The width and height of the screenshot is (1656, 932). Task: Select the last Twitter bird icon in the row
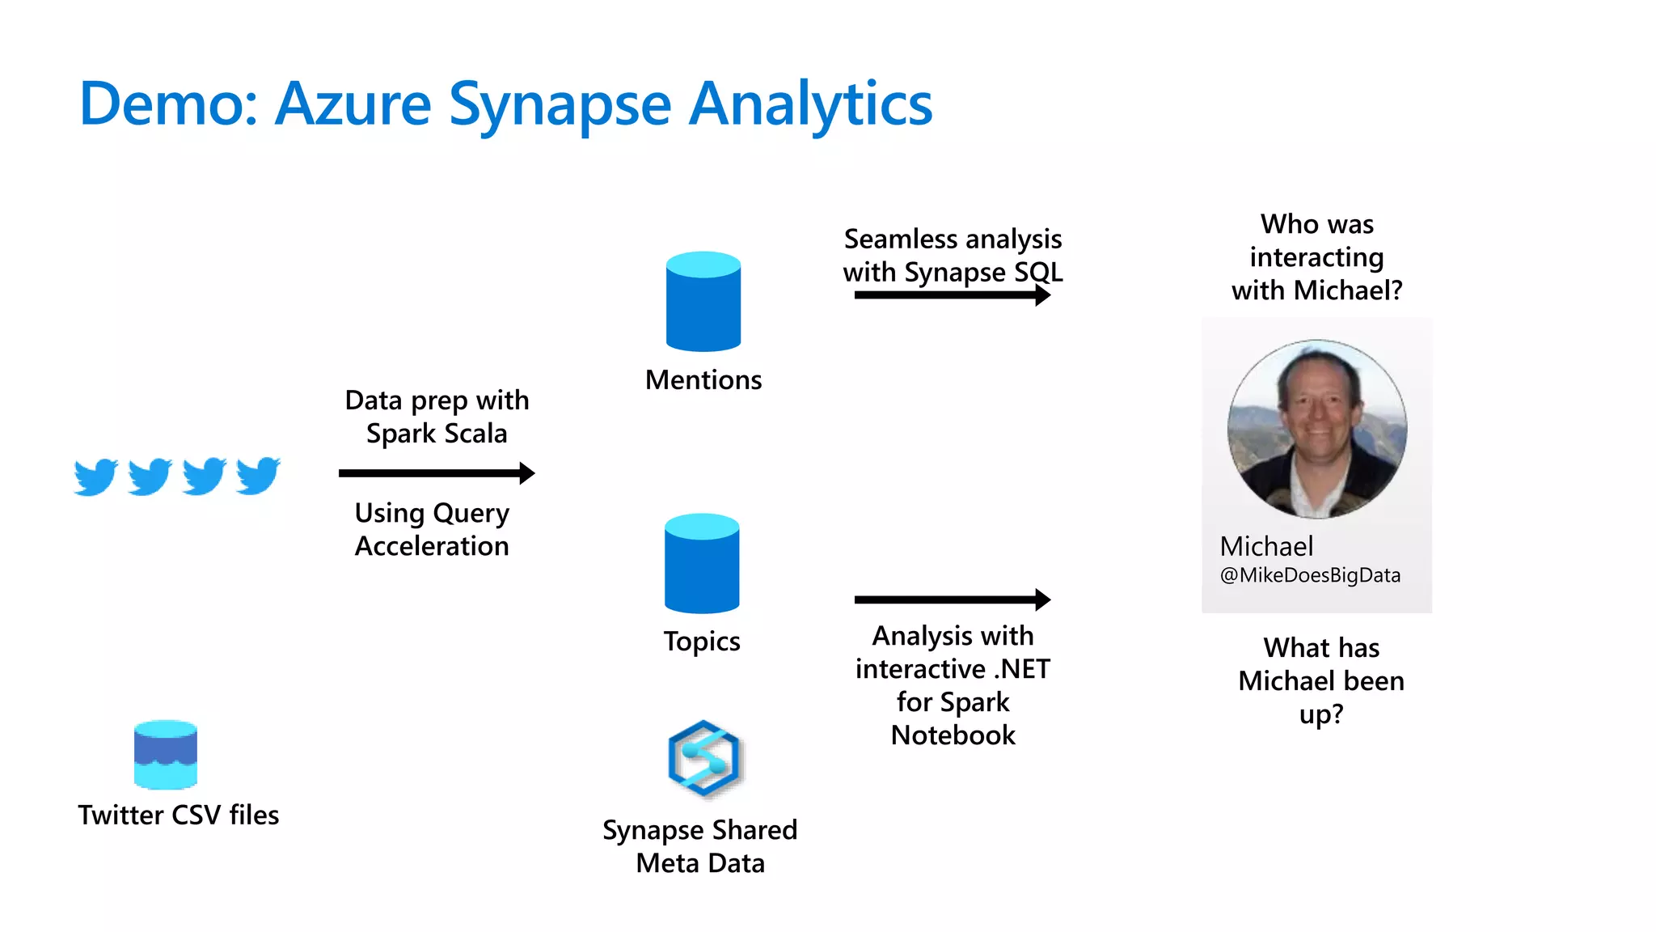tap(258, 476)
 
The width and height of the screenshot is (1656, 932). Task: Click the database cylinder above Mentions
tap(703, 302)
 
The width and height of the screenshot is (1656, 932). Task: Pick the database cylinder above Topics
tap(701, 564)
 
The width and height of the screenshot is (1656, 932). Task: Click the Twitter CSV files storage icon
tap(165, 754)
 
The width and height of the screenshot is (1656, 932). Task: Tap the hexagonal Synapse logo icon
tap(703, 758)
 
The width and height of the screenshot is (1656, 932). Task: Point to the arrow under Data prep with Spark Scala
tap(437, 473)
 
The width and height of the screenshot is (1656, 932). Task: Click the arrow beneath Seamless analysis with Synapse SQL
tap(952, 295)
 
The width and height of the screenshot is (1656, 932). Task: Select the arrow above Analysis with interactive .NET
tap(952, 599)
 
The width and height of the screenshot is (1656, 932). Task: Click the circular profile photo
tap(1316, 429)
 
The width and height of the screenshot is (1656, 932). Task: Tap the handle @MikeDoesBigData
tap(1310, 575)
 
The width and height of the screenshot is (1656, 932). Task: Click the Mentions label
tap(703, 380)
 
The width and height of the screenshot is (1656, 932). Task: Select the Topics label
tap(701, 642)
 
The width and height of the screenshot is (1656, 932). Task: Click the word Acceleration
tap(432, 546)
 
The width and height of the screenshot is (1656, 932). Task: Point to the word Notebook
tap(953, 735)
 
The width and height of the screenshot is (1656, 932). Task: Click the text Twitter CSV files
tap(178, 815)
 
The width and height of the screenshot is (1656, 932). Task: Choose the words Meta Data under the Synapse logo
tap(699, 863)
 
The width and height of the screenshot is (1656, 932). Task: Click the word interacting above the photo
tap(1316, 257)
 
